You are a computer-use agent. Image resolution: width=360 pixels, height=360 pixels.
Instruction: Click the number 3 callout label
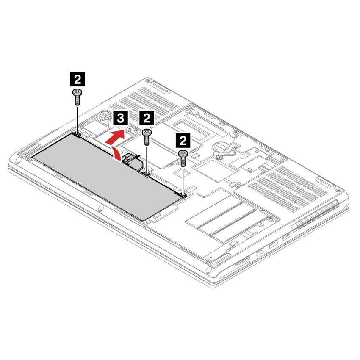[x=121, y=118]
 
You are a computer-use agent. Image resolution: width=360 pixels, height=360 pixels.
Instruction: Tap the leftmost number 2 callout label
[x=77, y=79]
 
